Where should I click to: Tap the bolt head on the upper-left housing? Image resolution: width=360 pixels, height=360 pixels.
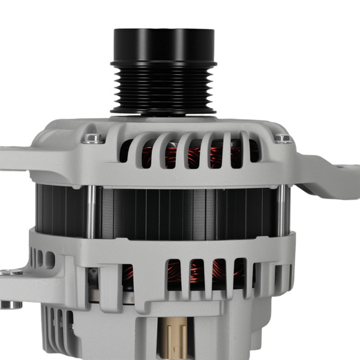coord(93,139)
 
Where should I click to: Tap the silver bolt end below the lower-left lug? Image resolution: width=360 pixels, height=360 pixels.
coord(10,304)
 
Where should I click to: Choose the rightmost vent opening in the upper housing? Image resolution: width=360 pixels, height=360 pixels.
coord(252,150)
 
